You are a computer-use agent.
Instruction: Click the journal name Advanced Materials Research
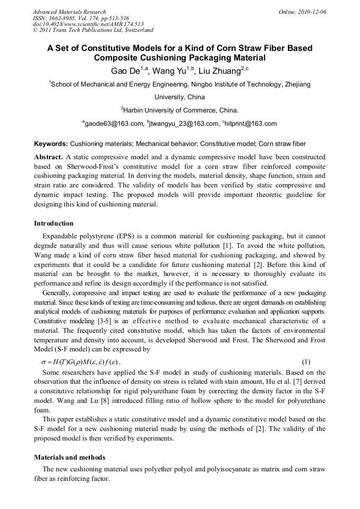pos(69,12)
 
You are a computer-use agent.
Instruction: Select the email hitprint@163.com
pos(251,124)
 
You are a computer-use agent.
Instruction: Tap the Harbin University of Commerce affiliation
pos(181,110)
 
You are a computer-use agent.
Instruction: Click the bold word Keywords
pos(50,144)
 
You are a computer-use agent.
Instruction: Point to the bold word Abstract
pos(48,157)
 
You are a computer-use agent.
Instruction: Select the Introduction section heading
pos(54,223)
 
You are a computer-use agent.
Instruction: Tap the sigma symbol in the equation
pos(37,362)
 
